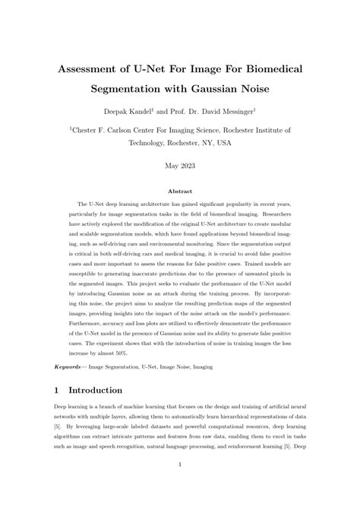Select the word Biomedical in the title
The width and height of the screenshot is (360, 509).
[x=266, y=69]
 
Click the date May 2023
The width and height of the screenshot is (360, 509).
[x=180, y=165]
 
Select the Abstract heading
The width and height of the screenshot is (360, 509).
[x=180, y=191]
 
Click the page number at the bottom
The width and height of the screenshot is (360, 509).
[x=180, y=485]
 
